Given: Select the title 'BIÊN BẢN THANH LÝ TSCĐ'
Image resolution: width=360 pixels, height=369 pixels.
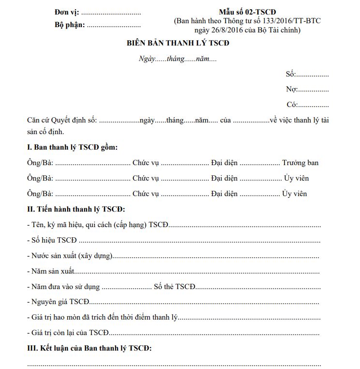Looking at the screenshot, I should click(178, 43).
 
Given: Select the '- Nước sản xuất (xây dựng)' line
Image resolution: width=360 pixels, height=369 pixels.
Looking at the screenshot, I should click(70, 256).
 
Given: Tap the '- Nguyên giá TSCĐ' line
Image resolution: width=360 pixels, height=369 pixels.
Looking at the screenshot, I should click(59, 302).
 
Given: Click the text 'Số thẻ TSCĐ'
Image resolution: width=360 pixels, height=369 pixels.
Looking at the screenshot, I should click(174, 287).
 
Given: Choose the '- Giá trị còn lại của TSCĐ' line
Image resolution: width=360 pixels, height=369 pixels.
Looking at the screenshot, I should click(68, 333).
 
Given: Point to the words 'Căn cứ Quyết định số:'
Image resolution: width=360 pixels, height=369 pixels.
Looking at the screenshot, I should click(62, 120).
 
